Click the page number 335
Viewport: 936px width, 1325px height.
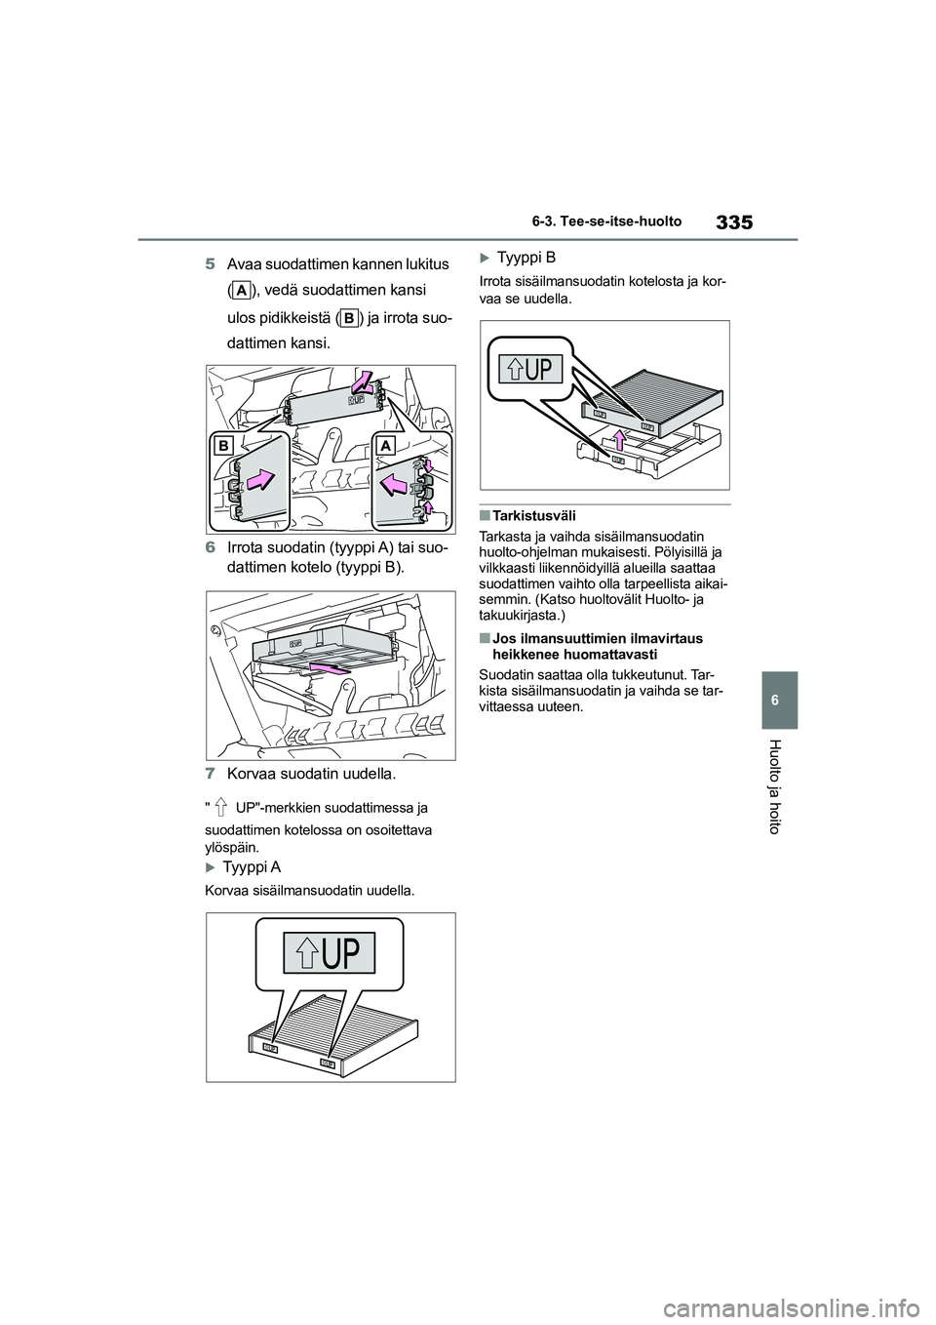click(733, 222)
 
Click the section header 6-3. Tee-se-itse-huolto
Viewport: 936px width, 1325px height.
click(605, 221)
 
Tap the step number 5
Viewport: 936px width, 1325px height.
click(211, 263)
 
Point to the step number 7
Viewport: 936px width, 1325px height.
click(211, 773)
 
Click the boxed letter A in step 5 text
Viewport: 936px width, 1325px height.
click(242, 290)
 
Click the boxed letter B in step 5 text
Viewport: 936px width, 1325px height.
click(349, 318)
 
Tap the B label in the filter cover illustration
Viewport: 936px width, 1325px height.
click(223, 445)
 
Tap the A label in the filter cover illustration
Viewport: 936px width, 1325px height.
click(386, 445)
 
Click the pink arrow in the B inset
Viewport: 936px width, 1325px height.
click(261, 480)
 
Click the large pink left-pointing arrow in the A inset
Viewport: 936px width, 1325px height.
click(393, 485)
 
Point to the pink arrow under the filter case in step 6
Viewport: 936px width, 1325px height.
click(328, 668)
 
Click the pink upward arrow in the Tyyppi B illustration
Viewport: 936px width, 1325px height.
click(619, 441)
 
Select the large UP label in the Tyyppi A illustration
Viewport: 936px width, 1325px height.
click(330, 953)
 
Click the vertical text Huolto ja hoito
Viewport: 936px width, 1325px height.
click(775, 786)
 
